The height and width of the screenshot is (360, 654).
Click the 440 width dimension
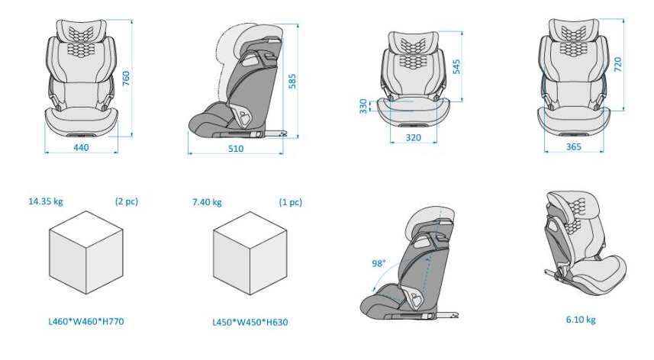pyautogui.click(x=81, y=147)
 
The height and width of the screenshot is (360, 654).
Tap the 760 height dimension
pyautogui.click(x=126, y=79)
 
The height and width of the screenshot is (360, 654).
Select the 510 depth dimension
pyautogui.click(x=236, y=149)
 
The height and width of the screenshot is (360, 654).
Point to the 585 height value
pyautogui.click(x=292, y=82)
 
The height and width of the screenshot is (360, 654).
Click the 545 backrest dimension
pyautogui.click(x=456, y=66)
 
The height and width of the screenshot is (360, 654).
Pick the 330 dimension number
pyautogui.click(x=363, y=106)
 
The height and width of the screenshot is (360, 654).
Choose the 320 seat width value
pyautogui.click(x=414, y=137)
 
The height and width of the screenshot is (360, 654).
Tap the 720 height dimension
pyautogui.click(x=617, y=64)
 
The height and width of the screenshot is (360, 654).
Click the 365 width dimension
pyautogui.click(x=574, y=146)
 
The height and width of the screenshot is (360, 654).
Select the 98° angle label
pyautogui.click(x=379, y=263)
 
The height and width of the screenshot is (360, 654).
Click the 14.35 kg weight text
pyautogui.click(x=46, y=201)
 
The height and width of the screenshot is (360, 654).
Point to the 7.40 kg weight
pyautogui.click(x=207, y=203)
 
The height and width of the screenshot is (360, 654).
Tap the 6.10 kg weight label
pyautogui.click(x=581, y=320)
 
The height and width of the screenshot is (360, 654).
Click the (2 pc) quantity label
pyautogui.click(x=127, y=201)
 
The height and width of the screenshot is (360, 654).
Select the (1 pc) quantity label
pyautogui.click(x=290, y=203)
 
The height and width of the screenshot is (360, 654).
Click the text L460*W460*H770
pyautogui.click(x=86, y=321)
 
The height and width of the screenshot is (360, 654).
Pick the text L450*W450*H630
pyautogui.click(x=250, y=322)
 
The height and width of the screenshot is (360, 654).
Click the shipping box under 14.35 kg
pyautogui.click(x=86, y=252)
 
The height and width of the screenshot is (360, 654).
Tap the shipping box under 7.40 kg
pyautogui.click(x=250, y=253)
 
